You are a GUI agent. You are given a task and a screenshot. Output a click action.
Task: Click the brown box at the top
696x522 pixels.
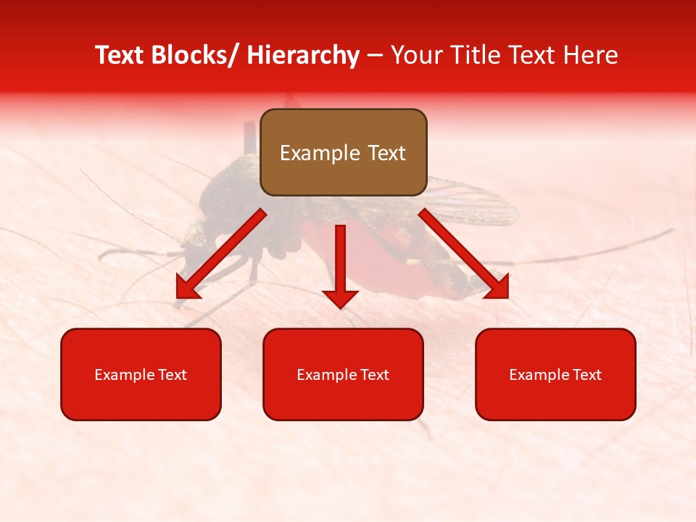(x=343, y=152)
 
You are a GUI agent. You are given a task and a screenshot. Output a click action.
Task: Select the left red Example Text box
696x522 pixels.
(x=141, y=374)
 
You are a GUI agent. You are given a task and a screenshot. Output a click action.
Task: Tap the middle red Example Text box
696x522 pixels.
(x=343, y=374)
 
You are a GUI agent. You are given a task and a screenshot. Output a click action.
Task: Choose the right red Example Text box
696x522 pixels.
(x=555, y=374)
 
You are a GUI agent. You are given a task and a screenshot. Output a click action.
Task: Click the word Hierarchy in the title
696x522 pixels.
(x=302, y=55)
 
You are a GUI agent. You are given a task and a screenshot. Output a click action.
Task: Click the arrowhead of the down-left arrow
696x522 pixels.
(x=187, y=288)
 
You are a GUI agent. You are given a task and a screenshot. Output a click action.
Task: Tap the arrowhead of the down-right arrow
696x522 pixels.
(x=497, y=287)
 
